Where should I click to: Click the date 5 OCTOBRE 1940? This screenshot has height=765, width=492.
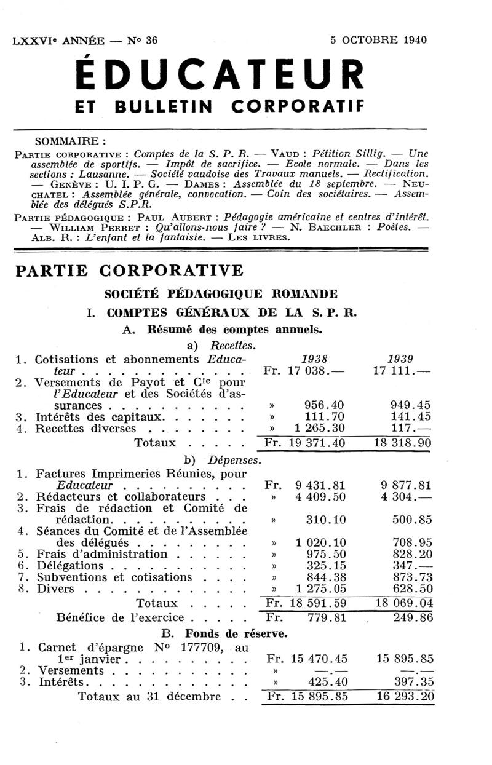378,41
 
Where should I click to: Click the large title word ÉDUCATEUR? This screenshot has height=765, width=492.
219,76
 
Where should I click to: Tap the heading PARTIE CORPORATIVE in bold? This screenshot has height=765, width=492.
129,271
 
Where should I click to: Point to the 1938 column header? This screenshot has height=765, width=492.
314,359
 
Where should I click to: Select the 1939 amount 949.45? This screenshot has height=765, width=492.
410,405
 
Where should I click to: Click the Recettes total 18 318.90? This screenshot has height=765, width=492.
403,443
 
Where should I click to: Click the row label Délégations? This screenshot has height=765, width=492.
69,566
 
